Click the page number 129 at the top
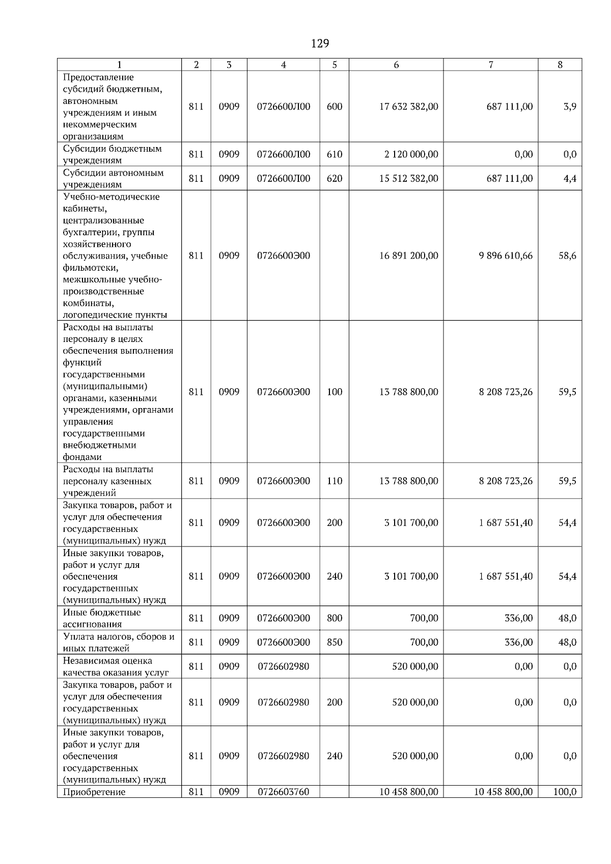click(x=320, y=44)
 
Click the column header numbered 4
click(x=283, y=65)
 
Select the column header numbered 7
click(x=490, y=65)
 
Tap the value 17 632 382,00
click(x=408, y=107)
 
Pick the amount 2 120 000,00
click(x=411, y=155)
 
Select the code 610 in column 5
click(x=334, y=155)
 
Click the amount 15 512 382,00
click(x=408, y=179)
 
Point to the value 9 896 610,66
click(x=505, y=256)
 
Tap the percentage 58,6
click(x=567, y=256)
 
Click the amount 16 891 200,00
click(x=408, y=256)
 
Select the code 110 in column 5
click(x=334, y=481)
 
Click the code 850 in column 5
click(x=334, y=643)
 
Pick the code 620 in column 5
click(x=334, y=179)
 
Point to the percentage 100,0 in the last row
click(x=565, y=792)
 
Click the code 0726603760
click(x=283, y=792)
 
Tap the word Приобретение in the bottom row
click(x=94, y=792)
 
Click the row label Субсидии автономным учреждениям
click(x=113, y=179)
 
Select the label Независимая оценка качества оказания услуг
click(x=116, y=667)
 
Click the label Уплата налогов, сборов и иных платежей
click(x=118, y=643)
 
